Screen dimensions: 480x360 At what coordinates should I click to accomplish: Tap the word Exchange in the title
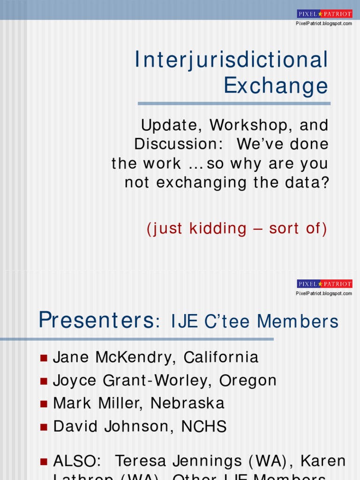tap(276, 86)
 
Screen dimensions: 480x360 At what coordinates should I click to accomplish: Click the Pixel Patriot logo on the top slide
tap(324, 14)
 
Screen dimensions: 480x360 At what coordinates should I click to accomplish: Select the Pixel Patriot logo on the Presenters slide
tap(324, 284)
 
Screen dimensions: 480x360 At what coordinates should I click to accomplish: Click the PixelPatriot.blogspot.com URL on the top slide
tap(324, 23)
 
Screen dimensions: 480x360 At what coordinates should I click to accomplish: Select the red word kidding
tap(218, 229)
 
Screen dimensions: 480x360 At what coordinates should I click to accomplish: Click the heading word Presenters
tap(96, 321)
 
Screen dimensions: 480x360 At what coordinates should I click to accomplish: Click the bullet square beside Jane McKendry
tap(44, 358)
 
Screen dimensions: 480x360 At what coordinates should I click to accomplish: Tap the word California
tap(221, 357)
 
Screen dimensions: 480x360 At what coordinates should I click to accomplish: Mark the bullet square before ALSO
tap(44, 462)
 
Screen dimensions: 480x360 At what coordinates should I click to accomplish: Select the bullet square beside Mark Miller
tap(44, 404)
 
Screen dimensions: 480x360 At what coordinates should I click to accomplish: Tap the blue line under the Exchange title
tap(234, 104)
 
